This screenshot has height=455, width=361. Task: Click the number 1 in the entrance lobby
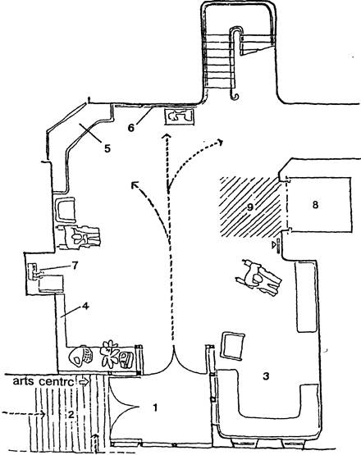(x=155, y=407)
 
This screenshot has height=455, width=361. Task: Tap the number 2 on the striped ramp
(x=71, y=414)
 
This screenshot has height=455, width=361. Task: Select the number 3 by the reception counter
(x=266, y=376)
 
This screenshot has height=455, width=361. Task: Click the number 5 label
(x=107, y=148)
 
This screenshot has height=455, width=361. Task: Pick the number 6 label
(x=131, y=127)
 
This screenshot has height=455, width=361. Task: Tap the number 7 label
(x=75, y=266)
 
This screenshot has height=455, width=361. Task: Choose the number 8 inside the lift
(x=315, y=205)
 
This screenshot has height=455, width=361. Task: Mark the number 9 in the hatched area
(x=250, y=207)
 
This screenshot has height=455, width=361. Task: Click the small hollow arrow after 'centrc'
(x=84, y=382)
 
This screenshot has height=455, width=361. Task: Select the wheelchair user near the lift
(x=258, y=278)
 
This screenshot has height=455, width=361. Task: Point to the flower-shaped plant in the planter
(x=109, y=353)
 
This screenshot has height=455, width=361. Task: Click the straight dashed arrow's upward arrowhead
(x=167, y=136)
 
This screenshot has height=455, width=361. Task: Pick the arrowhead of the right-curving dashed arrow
(x=221, y=142)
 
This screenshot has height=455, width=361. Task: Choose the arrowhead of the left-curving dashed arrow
(x=135, y=184)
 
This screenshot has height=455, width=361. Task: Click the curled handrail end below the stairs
(x=235, y=97)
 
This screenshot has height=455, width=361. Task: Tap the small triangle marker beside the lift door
(x=273, y=245)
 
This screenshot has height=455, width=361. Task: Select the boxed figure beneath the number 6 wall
(x=180, y=116)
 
